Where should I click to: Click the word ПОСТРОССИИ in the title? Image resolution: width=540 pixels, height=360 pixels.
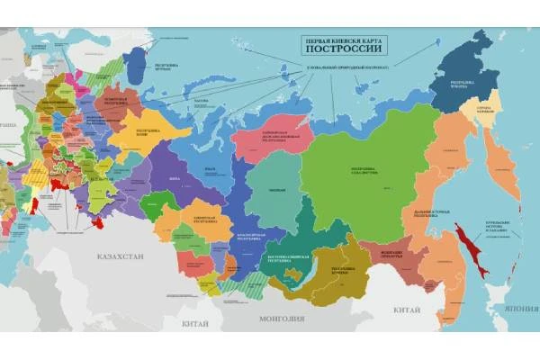pyautogui.click(x=346, y=51)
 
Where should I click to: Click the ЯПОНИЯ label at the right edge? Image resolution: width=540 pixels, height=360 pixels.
pyautogui.click(x=519, y=307)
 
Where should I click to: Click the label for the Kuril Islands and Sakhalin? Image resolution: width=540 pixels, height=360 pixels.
pyautogui.click(x=500, y=229)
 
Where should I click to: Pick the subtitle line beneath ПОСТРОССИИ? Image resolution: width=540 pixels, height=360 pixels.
pyautogui.click(x=346, y=67)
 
